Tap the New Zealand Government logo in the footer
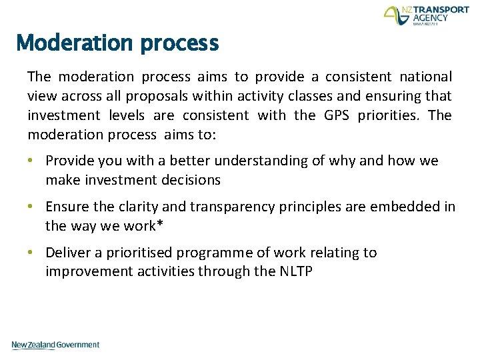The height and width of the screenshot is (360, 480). (x=55, y=345)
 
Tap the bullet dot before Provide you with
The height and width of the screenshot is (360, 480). (x=33, y=161)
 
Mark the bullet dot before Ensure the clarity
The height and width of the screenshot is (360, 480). (x=33, y=207)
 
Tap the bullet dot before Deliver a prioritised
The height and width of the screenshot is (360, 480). (x=33, y=253)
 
